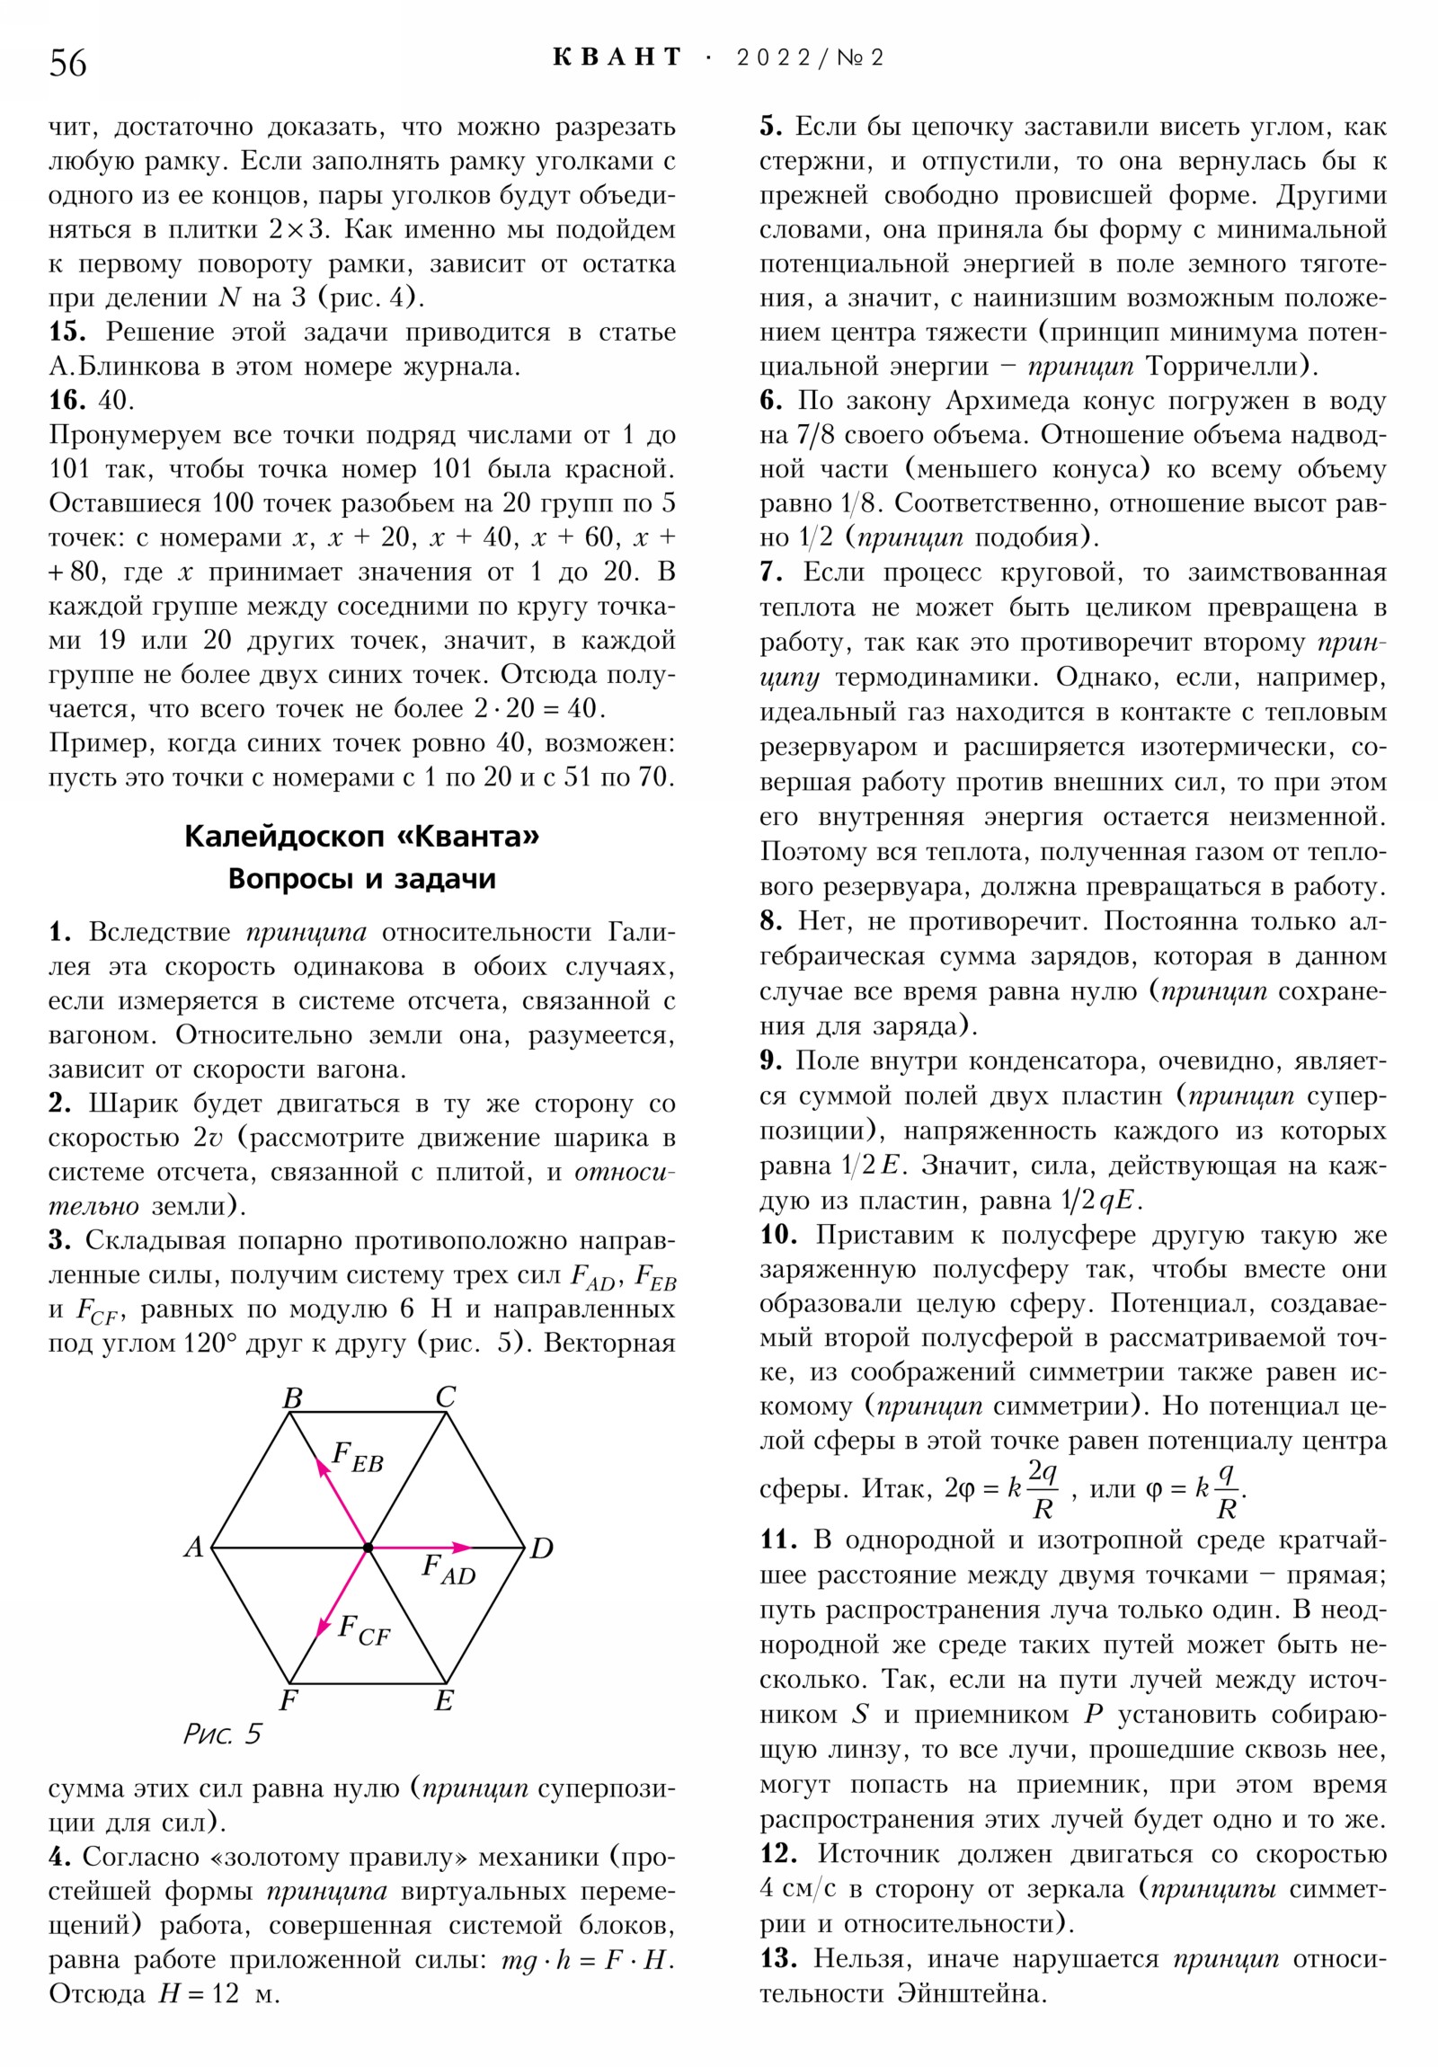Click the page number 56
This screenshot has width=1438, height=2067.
tap(67, 63)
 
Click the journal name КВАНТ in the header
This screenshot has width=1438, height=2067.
tap(617, 58)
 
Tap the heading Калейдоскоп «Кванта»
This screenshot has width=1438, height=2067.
tap(361, 837)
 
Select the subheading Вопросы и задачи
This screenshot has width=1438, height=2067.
tap(361, 879)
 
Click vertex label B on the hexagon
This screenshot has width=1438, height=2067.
tap(292, 1398)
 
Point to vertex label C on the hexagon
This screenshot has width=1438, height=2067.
tap(446, 1397)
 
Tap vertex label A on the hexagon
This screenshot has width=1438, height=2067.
tap(193, 1547)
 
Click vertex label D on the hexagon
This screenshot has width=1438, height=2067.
tap(541, 1548)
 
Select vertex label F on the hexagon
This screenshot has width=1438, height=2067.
tap(289, 1700)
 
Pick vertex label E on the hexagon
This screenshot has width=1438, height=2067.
tap(444, 1700)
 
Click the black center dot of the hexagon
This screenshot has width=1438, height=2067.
tap(368, 1548)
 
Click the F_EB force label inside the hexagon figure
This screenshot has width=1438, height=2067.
tap(358, 1457)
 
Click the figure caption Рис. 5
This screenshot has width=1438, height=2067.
tap(221, 1734)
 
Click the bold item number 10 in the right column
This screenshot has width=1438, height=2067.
tap(778, 1234)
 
